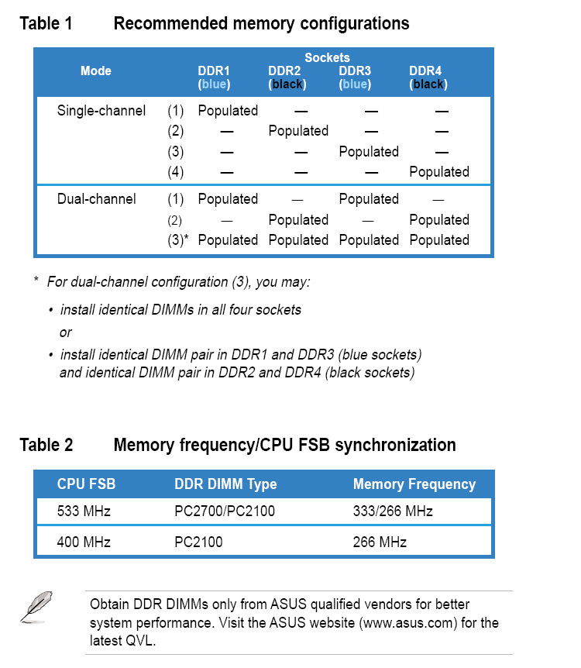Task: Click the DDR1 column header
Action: (x=214, y=71)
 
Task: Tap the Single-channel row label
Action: (x=101, y=111)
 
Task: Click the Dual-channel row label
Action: (x=96, y=199)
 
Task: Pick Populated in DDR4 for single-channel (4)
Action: (x=439, y=172)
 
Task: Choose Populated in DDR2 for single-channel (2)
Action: (x=298, y=131)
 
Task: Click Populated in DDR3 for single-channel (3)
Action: (x=369, y=152)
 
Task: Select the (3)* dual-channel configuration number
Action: (x=177, y=240)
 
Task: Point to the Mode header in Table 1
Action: (x=96, y=71)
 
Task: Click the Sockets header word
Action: (x=327, y=57)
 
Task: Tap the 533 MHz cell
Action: (x=84, y=511)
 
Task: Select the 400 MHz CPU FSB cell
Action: (x=84, y=542)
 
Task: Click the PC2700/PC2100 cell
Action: (x=225, y=511)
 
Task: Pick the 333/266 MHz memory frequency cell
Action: (x=393, y=511)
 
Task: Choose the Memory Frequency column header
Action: (x=414, y=484)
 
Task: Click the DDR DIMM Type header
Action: (x=225, y=484)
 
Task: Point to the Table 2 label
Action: (x=46, y=445)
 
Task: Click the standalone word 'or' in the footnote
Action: (x=66, y=332)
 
